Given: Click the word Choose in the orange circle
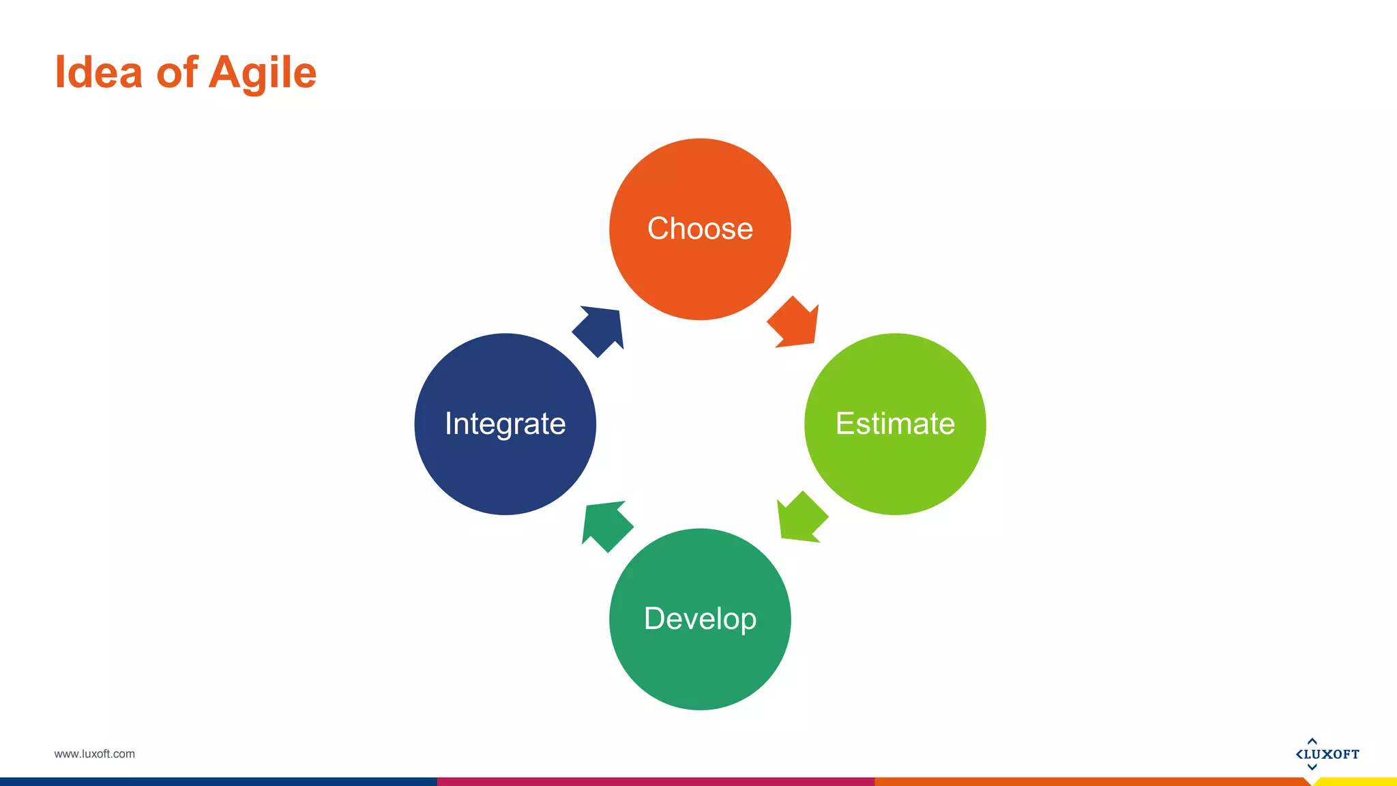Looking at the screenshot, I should pyautogui.click(x=700, y=229).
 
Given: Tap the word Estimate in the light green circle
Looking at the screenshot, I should pyautogui.click(x=895, y=424).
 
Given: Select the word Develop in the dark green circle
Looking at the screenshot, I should pyautogui.click(x=700, y=619).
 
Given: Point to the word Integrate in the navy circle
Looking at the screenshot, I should pyautogui.click(x=505, y=424).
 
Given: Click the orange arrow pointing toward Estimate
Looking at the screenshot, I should pyautogui.click(x=795, y=324).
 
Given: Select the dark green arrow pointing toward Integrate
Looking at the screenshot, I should pyautogui.click(x=606, y=525).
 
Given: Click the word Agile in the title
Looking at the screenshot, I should pyautogui.click(x=263, y=73).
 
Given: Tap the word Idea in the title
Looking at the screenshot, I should pyautogui.click(x=98, y=72).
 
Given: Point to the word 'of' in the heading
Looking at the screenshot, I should pyautogui.click(x=177, y=72).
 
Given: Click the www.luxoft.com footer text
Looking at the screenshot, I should pyautogui.click(x=94, y=754).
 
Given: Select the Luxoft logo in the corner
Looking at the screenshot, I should pyautogui.click(x=1327, y=754).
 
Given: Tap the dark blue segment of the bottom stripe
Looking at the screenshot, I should pyautogui.click(x=218, y=782).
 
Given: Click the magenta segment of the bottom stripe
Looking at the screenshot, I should pyautogui.click(x=655, y=782).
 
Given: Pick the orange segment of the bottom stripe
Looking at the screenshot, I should pyautogui.click(x=1091, y=782).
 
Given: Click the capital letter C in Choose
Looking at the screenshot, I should pyautogui.click(x=660, y=229).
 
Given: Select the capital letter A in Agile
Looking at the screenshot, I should pyautogui.click(x=226, y=72).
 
